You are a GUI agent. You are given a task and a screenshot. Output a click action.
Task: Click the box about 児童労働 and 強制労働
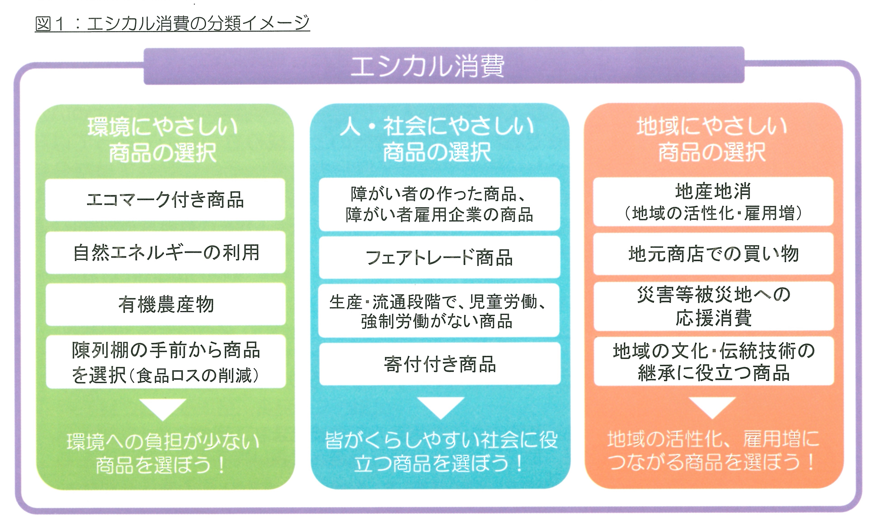439,311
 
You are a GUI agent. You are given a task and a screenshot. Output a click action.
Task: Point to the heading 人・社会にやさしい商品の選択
437,140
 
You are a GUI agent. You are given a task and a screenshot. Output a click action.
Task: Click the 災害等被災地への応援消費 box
713,306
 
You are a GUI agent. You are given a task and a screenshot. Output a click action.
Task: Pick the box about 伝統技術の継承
714,362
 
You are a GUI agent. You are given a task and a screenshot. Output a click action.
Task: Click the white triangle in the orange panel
712,407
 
